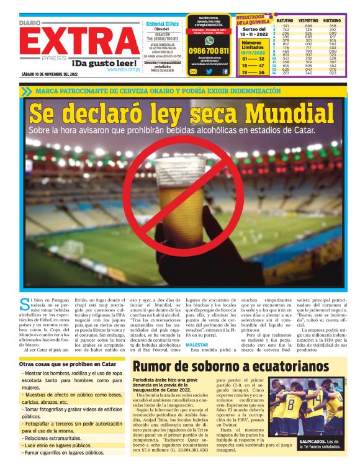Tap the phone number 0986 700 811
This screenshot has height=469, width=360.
coord(208,51)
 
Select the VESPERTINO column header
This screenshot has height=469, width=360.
coord(308,20)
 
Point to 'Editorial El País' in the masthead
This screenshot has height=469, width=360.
coord(162,24)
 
